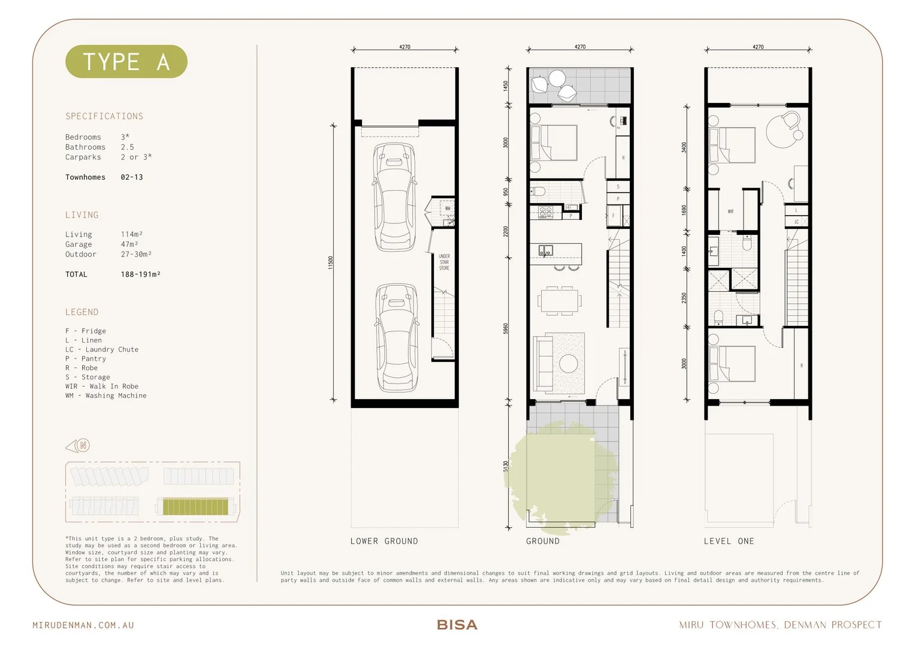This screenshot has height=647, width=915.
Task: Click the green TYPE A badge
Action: click(126, 62)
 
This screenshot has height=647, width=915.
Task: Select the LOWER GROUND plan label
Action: click(384, 541)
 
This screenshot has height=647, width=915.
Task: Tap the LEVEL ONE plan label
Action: click(729, 541)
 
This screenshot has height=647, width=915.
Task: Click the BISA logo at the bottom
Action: click(457, 625)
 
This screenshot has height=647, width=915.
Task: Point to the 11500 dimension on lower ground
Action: click(330, 262)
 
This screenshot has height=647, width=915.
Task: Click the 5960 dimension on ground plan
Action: click(506, 329)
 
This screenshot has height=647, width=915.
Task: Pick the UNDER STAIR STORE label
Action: click(444, 262)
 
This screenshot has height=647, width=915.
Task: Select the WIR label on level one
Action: click(730, 211)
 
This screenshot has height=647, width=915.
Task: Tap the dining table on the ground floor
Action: click(560, 300)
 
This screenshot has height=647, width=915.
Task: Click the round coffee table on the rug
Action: click(569, 363)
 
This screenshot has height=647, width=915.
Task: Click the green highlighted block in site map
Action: click(196, 507)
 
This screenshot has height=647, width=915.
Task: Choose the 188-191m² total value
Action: click(140, 274)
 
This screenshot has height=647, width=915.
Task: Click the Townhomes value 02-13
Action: click(132, 177)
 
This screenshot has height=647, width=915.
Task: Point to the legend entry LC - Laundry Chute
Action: click(102, 349)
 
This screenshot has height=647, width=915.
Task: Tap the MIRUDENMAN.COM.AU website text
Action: click(83, 625)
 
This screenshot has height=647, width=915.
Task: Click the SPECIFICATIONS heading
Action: click(104, 116)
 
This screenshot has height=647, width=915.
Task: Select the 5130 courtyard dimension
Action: click(506, 467)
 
